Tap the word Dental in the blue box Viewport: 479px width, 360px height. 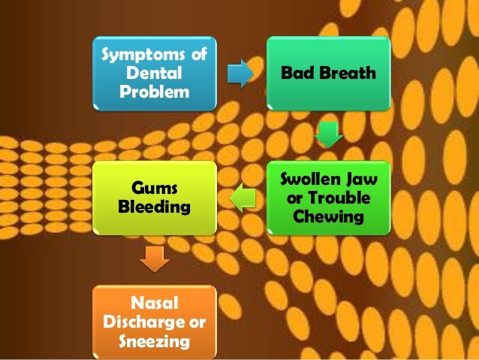(x=154, y=74)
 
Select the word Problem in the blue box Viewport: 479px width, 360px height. (x=154, y=92)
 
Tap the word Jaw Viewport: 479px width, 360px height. (x=362, y=180)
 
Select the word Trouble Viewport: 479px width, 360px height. (x=346, y=198)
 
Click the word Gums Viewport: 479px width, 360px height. (x=154, y=186)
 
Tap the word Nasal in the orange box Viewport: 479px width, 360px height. (x=154, y=304)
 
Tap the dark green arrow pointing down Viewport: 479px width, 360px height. (x=328, y=135)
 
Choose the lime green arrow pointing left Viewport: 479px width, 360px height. (x=242, y=198)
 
